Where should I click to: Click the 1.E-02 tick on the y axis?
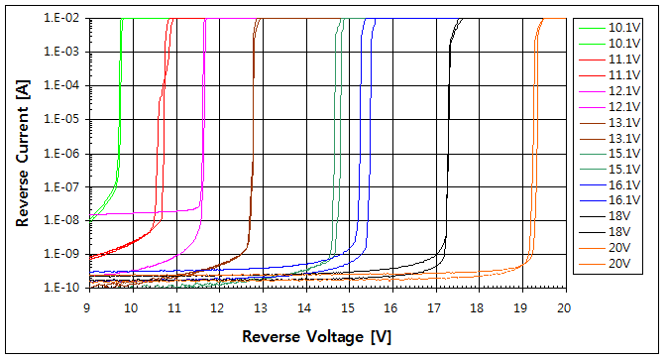[x=62, y=18]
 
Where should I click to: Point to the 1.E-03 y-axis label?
[x=62, y=52]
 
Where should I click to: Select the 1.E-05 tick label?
[x=62, y=119]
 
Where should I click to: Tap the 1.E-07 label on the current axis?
[x=62, y=186]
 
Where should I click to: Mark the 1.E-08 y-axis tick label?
[x=62, y=220]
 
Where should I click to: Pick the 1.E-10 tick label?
[x=62, y=288]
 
